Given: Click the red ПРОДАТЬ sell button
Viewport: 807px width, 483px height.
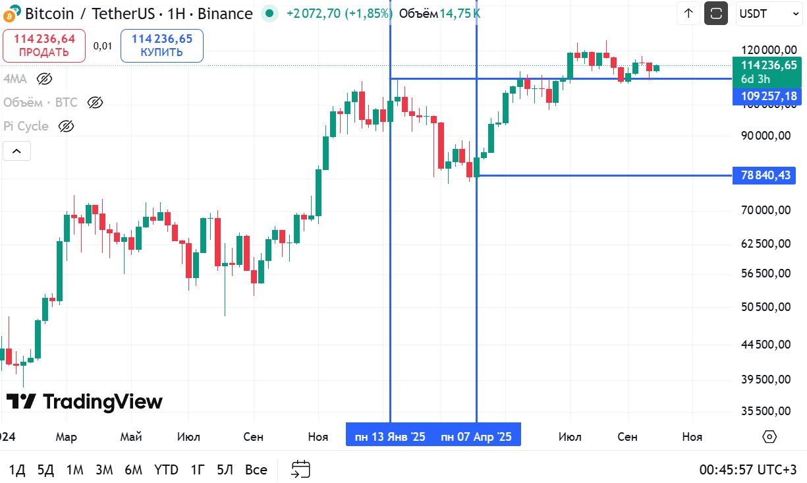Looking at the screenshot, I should pos(44,45).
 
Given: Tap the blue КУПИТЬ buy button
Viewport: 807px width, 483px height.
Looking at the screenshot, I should pos(161,45).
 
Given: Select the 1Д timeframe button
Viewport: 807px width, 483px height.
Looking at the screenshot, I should pos(17,470).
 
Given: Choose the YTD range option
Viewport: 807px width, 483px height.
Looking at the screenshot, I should pos(166,470).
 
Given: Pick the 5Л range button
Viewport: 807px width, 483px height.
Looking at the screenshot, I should pos(225,470).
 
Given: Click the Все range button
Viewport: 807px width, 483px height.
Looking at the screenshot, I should pos(256,470).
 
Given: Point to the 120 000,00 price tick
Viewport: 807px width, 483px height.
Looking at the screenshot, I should pos(765,50).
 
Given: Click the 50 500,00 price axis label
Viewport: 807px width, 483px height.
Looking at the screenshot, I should pos(765,307).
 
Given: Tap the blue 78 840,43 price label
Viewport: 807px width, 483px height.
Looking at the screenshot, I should pos(765,175).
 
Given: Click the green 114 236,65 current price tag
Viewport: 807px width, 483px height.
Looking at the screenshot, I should pos(768,65).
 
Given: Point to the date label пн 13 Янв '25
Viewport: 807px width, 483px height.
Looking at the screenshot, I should pos(390,437).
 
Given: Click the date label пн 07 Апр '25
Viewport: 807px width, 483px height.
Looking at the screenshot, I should pos(476,437).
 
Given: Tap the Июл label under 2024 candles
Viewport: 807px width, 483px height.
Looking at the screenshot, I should pos(189,437).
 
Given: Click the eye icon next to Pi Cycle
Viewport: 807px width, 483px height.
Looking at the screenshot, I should pos(66,126).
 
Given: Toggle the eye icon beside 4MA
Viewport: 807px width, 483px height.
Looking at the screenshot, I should pos(44,79).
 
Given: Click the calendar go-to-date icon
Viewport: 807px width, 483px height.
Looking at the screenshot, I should pos(300,470).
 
